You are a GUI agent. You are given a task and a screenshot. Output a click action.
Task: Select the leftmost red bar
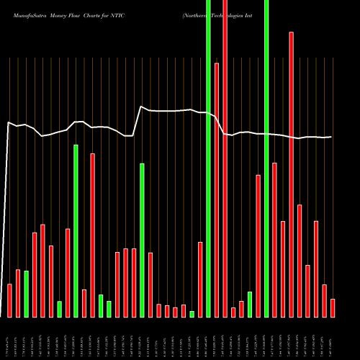(x=9, y=300)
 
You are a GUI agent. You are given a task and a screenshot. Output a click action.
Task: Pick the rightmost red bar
(x=333, y=307)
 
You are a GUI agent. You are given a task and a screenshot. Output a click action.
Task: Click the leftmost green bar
(x=27, y=294)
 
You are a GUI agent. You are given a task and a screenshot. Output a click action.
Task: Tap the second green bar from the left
(x=59, y=309)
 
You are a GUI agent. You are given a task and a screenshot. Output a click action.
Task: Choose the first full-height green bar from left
(x=208, y=158)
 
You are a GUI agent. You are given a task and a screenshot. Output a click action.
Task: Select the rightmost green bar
(x=266, y=158)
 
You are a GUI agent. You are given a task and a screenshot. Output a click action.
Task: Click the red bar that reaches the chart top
(x=225, y=158)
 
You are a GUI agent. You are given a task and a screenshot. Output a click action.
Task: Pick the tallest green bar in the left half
(x=76, y=230)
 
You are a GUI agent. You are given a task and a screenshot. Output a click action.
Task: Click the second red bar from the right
(x=324, y=300)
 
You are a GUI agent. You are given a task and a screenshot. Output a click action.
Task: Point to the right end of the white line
(x=331, y=137)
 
